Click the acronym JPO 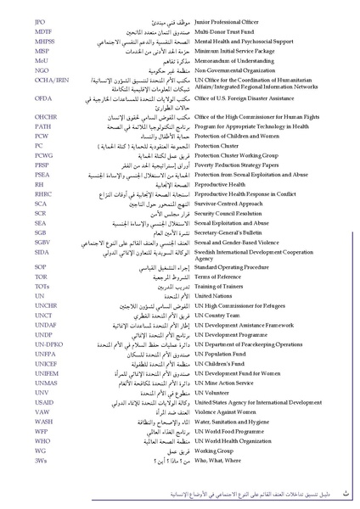(40, 17)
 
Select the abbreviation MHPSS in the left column (45, 40)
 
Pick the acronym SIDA (42, 252)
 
